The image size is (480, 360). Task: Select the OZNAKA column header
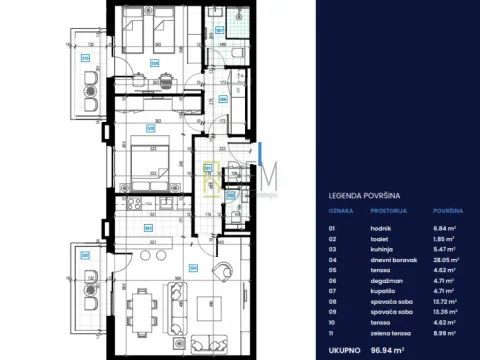point(342,212)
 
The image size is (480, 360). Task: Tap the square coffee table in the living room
point(210,304)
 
